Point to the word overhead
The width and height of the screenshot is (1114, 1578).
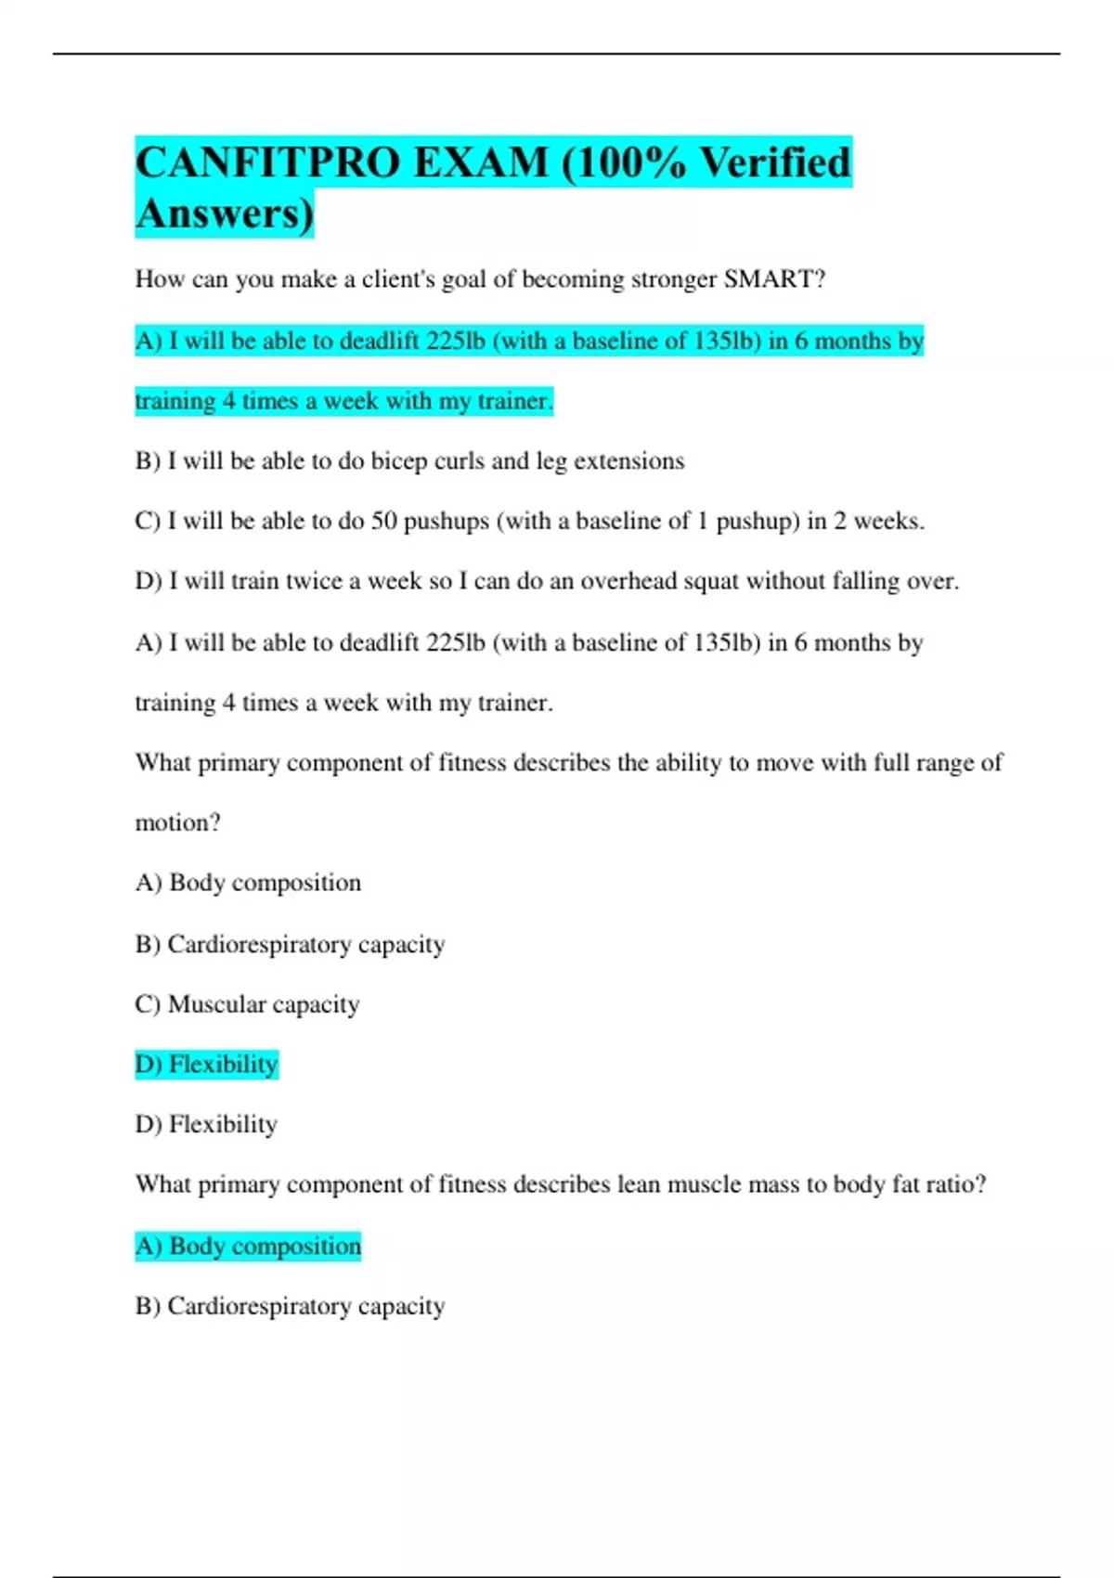point(628,581)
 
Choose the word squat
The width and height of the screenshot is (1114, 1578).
point(711,581)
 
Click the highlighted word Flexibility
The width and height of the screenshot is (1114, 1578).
point(223,1064)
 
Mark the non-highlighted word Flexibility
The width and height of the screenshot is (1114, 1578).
point(223,1124)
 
